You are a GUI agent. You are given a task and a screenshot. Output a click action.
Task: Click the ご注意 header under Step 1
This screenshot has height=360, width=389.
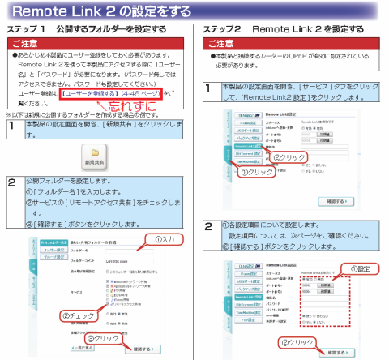coord(30,41)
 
